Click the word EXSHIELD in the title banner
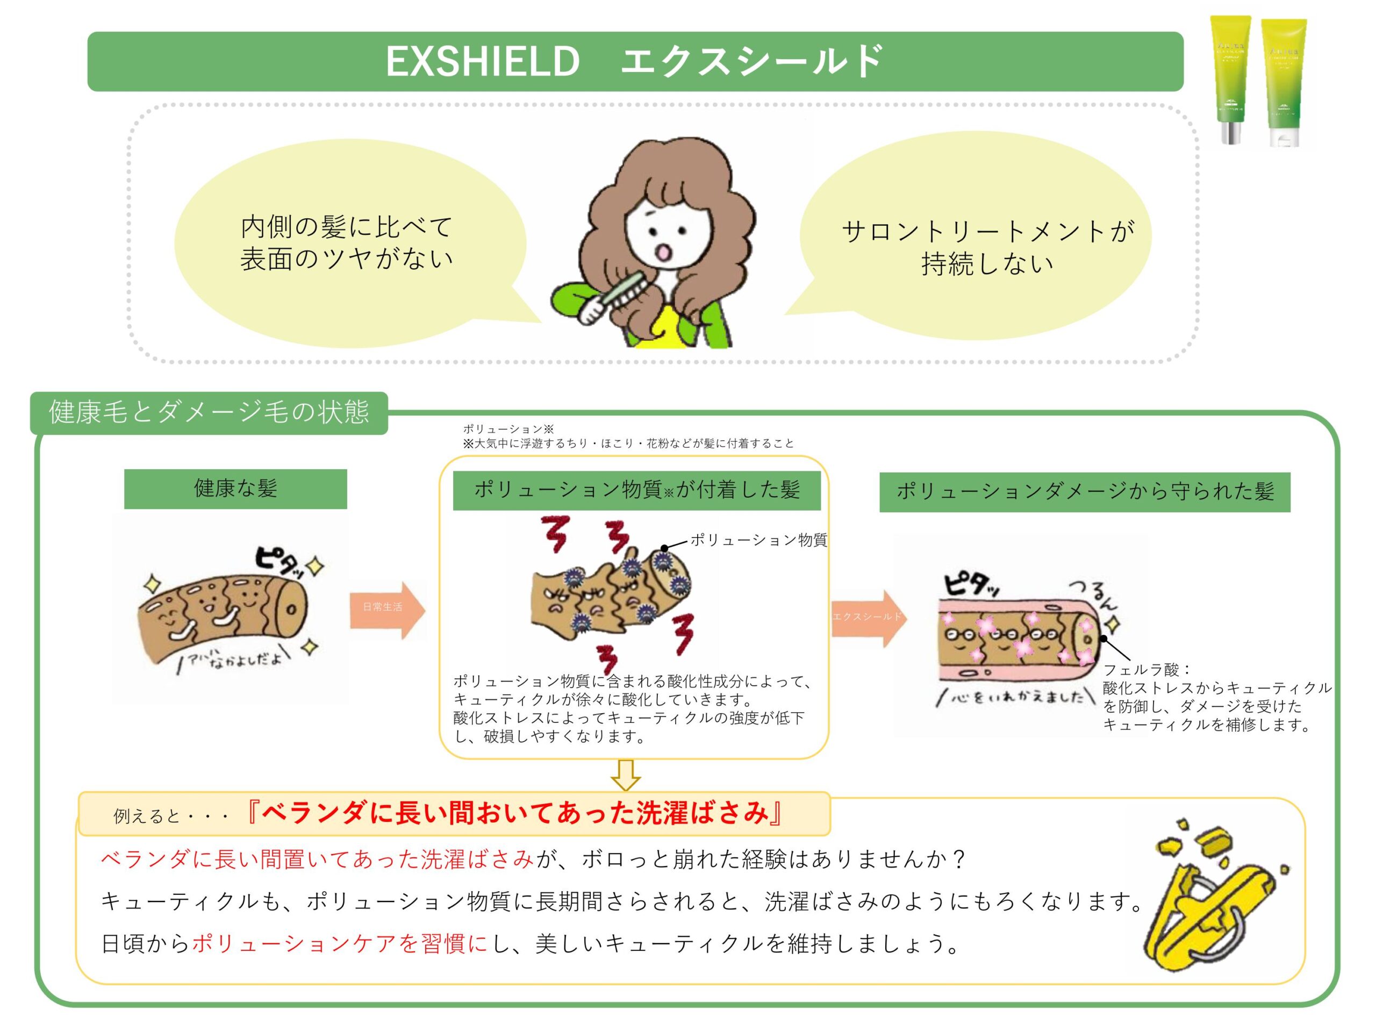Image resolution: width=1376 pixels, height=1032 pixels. tap(483, 62)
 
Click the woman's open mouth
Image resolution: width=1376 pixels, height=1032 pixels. tap(664, 252)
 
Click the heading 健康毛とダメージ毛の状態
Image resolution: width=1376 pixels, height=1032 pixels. tap(209, 412)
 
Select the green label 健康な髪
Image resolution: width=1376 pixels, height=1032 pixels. tap(235, 489)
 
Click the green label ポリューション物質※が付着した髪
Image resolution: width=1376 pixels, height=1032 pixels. tap(636, 491)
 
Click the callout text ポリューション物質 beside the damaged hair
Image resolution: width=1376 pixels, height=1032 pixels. tap(758, 540)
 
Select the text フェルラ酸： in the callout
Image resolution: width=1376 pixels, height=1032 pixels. tap(1146, 669)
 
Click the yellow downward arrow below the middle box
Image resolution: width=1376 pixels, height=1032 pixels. tap(626, 775)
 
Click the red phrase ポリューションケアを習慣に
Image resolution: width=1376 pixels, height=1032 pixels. tap(340, 944)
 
